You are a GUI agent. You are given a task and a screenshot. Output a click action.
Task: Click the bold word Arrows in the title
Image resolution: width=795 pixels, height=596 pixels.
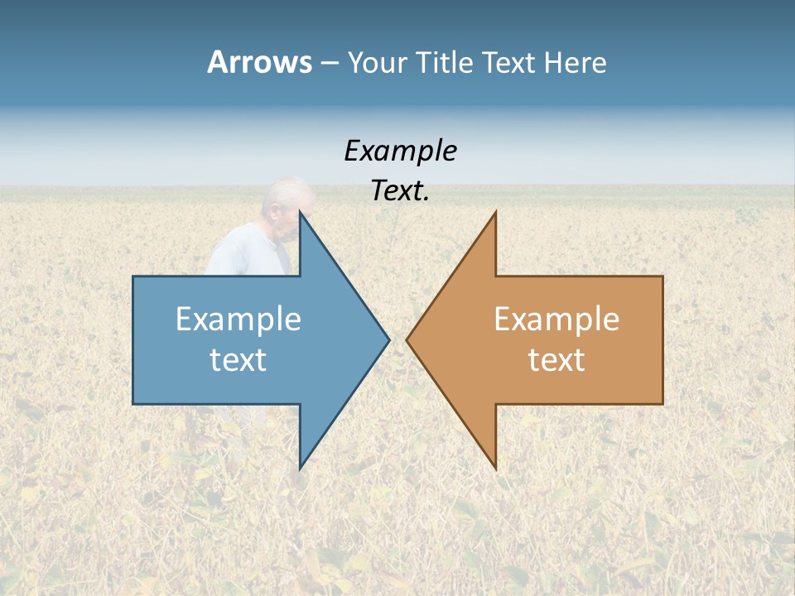pos(259,62)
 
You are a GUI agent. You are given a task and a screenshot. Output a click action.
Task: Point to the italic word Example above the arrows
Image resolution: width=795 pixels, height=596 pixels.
pos(400,151)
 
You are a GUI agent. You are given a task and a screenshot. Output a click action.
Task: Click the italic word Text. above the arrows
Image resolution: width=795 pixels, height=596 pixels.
pos(400,191)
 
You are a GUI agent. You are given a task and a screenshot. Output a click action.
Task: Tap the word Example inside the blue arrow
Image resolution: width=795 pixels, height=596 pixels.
pos(238,320)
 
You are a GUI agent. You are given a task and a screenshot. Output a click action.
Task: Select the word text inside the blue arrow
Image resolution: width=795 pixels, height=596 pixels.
pos(238,360)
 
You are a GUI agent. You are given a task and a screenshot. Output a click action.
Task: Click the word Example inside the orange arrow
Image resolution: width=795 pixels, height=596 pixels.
pos(556,320)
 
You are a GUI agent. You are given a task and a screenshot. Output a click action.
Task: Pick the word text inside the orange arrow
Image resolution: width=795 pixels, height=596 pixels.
pos(556,360)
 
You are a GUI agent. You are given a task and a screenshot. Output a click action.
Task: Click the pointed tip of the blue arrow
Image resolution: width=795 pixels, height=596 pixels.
pos(388,339)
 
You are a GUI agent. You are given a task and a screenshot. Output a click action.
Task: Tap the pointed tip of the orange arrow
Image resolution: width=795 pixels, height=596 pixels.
pos(408,339)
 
